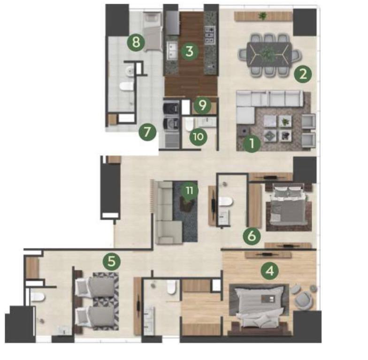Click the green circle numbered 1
coord(252,143)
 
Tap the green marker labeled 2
coord(303,74)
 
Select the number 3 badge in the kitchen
coord(189,51)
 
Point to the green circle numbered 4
coord(269,271)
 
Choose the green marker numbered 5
coord(112,261)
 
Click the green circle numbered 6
coord(252,236)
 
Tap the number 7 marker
coord(147,132)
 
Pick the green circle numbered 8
coord(136,43)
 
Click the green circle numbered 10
coord(198,136)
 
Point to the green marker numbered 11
coord(189,190)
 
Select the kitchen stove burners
coord(210,35)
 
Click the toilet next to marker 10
coord(189,124)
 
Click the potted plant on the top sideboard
coord(262,16)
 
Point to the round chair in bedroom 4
coord(304,299)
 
